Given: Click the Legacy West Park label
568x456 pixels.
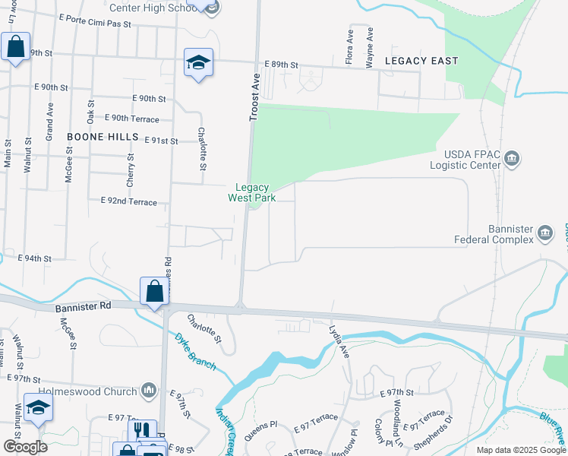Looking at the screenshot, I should (x=251, y=192).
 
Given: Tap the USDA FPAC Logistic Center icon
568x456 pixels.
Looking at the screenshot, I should (x=513, y=158).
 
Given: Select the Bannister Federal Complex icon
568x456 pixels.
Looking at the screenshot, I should (x=545, y=233).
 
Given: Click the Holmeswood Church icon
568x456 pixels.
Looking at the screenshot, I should (x=149, y=391).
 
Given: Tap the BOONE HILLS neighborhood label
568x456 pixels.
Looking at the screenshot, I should (x=103, y=137).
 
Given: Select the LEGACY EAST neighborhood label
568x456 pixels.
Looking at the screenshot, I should (x=421, y=60).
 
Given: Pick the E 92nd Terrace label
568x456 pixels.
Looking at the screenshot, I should (x=128, y=202).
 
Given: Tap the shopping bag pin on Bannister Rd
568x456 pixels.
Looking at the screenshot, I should (x=154, y=292).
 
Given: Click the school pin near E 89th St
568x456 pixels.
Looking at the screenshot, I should (x=198, y=62).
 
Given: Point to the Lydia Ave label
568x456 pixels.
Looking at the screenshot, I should (x=339, y=341).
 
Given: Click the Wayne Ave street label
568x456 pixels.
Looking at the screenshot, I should (x=370, y=47).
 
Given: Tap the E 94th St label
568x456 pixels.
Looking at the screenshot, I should (x=34, y=258).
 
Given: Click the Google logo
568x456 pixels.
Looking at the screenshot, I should (x=25, y=447).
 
